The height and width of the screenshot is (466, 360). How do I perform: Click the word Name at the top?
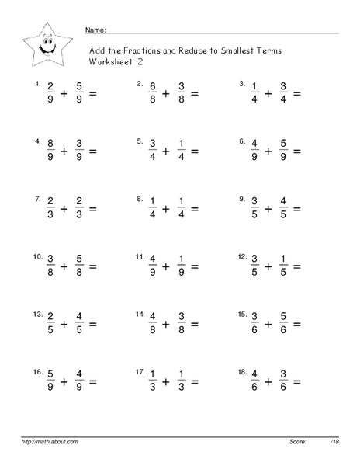pyautogui.click(x=94, y=30)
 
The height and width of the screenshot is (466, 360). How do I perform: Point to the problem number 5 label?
pyautogui.click(x=140, y=141)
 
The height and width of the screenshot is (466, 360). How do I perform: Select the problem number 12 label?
pyautogui.click(x=243, y=256)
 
